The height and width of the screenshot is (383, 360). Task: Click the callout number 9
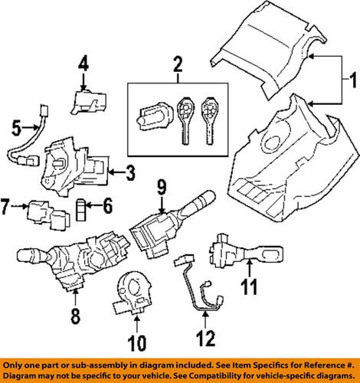point(161,206)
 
